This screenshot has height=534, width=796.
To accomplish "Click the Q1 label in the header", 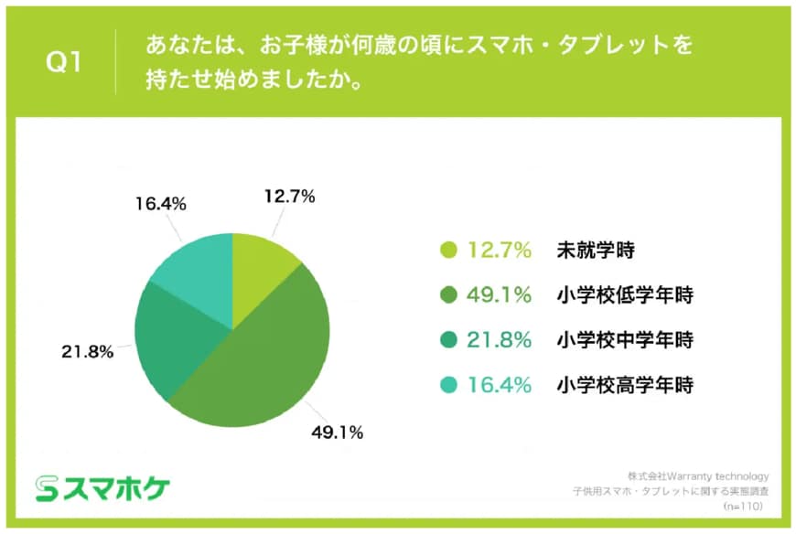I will [64, 64].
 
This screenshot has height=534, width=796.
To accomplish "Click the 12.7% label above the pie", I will [289, 196].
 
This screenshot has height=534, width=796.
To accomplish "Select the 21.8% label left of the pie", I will [88, 351].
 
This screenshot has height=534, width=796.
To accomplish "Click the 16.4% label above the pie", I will [162, 204].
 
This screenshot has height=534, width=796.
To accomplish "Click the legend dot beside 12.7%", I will [448, 250].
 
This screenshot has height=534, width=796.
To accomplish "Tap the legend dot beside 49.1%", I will [448, 294].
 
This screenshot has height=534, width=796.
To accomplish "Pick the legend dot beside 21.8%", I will [448, 340].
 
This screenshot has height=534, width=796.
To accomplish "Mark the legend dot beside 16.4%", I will [448, 385].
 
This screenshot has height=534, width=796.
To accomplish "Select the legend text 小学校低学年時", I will [625, 294].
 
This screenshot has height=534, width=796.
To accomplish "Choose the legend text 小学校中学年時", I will [625, 340].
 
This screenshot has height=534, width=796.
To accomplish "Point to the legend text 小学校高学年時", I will [625, 385].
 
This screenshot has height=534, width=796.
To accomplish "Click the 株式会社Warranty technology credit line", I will [698, 476].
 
